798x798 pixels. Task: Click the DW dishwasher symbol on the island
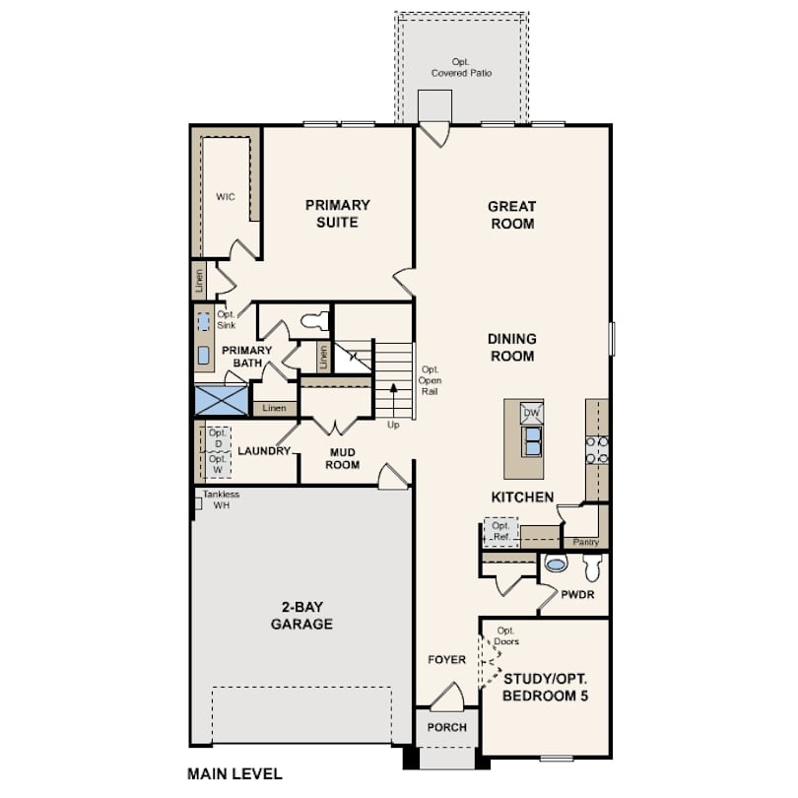click(x=531, y=413)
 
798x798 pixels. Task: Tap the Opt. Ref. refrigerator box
click(x=500, y=532)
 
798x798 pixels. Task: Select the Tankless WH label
click(x=221, y=499)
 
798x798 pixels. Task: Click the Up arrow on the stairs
click(x=393, y=401)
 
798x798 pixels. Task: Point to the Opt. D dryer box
click(x=218, y=438)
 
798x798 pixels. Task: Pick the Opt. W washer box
click(x=218, y=464)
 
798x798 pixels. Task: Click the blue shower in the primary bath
click(x=222, y=401)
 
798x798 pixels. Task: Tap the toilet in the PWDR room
click(x=593, y=566)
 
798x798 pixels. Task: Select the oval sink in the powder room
click(x=556, y=564)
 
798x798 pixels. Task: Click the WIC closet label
click(x=226, y=197)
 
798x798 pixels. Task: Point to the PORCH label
click(x=447, y=727)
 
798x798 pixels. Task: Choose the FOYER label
click(x=447, y=659)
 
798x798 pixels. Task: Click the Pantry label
click(x=586, y=542)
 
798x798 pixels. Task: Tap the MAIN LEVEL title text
click(x=234, y=774)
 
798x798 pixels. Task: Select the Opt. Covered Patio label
click(x=462, y=67)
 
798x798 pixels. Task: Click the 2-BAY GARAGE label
click(x=301, y=616)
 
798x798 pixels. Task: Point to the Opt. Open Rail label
click(x=430, y=380)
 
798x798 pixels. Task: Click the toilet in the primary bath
click(x=315, y=320)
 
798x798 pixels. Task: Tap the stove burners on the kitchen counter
click(x=597, y=450)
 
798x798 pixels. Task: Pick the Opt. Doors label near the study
click(x=505, y=636)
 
